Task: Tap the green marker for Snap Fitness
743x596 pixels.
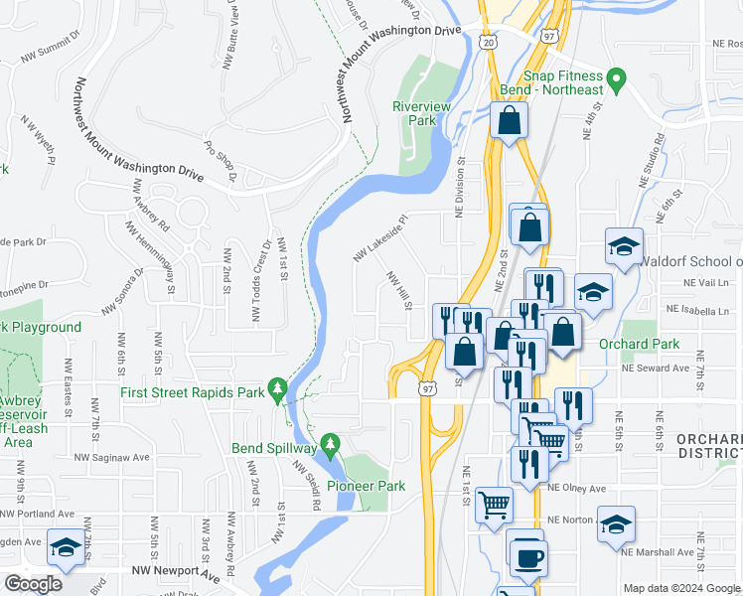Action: coord(616,76)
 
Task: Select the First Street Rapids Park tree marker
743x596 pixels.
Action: coord(281,390)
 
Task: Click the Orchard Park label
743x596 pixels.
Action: coord(639,344)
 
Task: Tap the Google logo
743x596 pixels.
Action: coord(34,584)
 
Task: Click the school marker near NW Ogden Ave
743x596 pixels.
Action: coord(66,548)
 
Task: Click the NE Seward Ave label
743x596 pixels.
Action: coord(655,368)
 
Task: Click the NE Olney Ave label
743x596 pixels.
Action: coord(575,489)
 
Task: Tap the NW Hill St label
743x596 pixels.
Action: coord(398,291)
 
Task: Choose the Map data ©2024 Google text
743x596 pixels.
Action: coord(681,588)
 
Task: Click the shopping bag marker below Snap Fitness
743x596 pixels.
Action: coord(509,122)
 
